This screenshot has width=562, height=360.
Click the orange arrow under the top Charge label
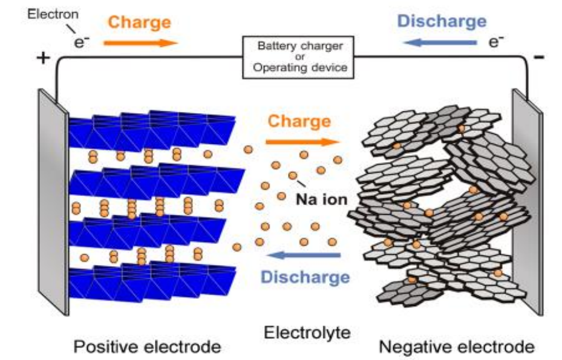(x=141, y=42)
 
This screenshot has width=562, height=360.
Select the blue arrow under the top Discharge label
(x=440, y=42)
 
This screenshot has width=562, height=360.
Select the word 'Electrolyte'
(x=307, y=332)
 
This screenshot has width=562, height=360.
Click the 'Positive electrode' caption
(x=146, y=347)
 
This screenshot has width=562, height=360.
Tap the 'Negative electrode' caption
(x=457, y=347)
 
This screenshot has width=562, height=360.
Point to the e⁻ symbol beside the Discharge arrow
(x=497, y=41)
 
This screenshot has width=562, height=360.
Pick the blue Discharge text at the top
(x=442, y=21)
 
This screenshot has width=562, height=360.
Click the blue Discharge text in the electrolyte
(x=306, y=277)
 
